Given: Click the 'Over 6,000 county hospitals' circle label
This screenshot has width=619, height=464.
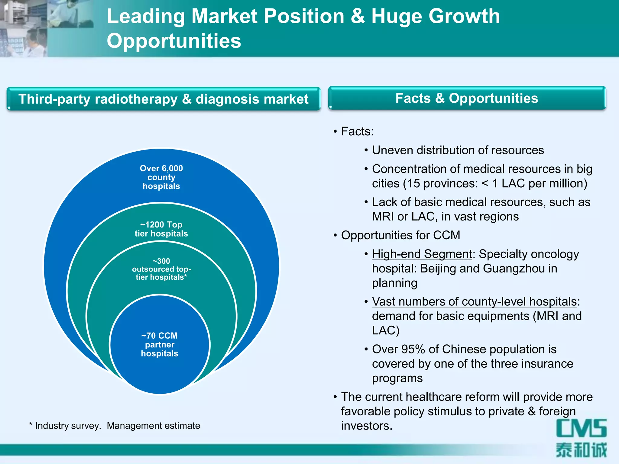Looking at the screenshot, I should click(x=161, y=177).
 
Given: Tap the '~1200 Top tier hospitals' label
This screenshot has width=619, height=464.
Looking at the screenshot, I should click(x=161, y=229).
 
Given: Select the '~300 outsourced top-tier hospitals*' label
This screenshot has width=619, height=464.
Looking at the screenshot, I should click(x=161, y=269).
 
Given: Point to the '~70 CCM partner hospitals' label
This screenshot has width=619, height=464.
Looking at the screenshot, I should click(x=160, y=344).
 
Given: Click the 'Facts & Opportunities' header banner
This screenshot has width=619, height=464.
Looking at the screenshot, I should click(x=467, y=98).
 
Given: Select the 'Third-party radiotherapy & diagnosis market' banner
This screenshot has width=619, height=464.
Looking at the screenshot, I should click(x=163, y=99).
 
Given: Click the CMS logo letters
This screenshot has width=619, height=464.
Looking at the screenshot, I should click(x=581, y=428).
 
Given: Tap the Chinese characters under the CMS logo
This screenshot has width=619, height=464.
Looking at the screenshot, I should click(x=581, y=450).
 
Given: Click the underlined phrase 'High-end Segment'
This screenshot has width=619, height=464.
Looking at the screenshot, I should click(x=422, y=254).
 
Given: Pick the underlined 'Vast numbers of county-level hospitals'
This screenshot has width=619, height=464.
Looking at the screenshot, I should click(x=475, y=301).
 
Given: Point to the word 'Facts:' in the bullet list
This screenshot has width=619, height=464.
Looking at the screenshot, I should click(x=357, y=131).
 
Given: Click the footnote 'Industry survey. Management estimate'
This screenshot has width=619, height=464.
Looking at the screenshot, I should click(x=117, y=426).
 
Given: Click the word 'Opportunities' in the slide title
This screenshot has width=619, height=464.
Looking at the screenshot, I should click(x=174, y=41).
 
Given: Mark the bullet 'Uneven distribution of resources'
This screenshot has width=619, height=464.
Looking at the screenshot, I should click(x=458, y=150).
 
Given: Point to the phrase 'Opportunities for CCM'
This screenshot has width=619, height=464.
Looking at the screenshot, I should click(x=400, y=235).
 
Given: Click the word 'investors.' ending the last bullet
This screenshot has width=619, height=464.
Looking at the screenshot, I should click(x=367, y=426).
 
